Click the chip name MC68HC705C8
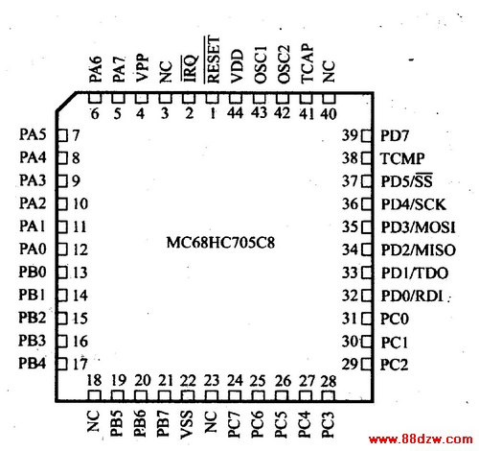tap(220, 243)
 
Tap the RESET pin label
tap(214, 59)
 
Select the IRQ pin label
tap(190, 68)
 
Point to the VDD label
tap(237, 66)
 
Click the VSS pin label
tap(187, 424)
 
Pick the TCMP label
tap(402, 158)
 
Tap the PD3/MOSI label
tap(418, 227)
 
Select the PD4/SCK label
tap(413, 204)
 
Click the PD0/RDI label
tap(412, 296)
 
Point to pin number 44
tap(236, 112)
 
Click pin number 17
tap(80, 364)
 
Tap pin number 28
tap(329, 381)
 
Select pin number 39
tap(350, 135)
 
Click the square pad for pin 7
tap(62, 135)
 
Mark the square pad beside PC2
tap(367, 364)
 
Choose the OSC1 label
tap(261, 65)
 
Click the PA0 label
tap(33, 249)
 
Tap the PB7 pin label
tap(163, 423)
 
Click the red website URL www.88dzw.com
tap(421, 439)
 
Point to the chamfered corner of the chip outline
tap(66, 102)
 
